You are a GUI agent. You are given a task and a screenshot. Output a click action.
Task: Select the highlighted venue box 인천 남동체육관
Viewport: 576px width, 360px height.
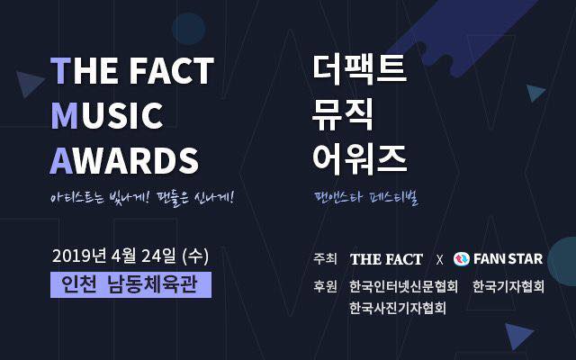click(x=131, y=284)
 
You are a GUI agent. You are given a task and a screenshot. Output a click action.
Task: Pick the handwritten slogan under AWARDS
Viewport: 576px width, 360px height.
click(x=143, y=195)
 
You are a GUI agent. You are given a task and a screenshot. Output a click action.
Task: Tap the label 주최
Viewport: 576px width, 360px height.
click(x=325, y=259)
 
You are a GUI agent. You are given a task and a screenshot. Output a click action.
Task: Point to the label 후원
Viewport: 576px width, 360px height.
click(x=325, y=287)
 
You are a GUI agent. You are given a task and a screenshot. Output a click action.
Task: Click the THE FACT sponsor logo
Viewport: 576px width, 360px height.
click(x=386, y=259)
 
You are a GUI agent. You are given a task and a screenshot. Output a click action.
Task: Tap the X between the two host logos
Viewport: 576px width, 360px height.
click(x=439, y=260)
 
